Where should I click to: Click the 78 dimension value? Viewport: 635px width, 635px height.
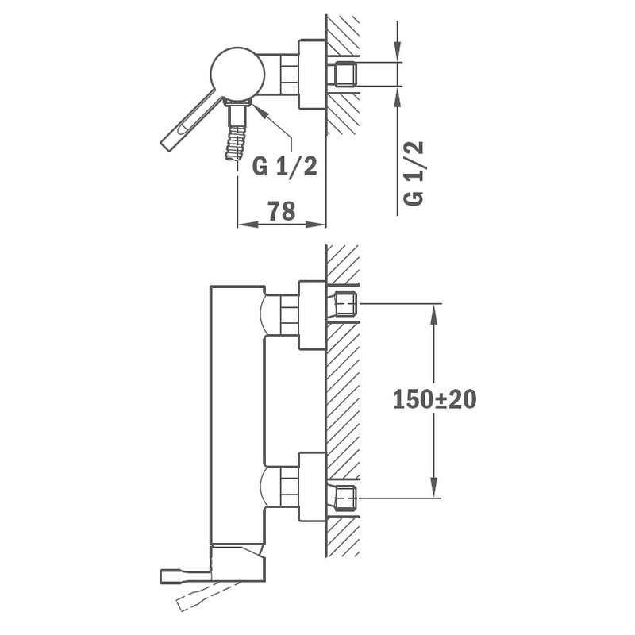pyautogui.click(x=282, y=211)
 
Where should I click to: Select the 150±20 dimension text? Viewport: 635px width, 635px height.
pyautogui.click(x=434, y=399)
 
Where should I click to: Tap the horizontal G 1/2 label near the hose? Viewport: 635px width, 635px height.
pyautogui.click(x=285, y=166)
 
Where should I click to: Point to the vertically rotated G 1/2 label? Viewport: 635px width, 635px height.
pyautogui.click(x=414, y=174)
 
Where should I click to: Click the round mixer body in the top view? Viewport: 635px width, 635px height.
pyautogui.click(x=237, y=74)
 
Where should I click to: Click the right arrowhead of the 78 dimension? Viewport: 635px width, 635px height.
pyautogui.click(x=316, y=224)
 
